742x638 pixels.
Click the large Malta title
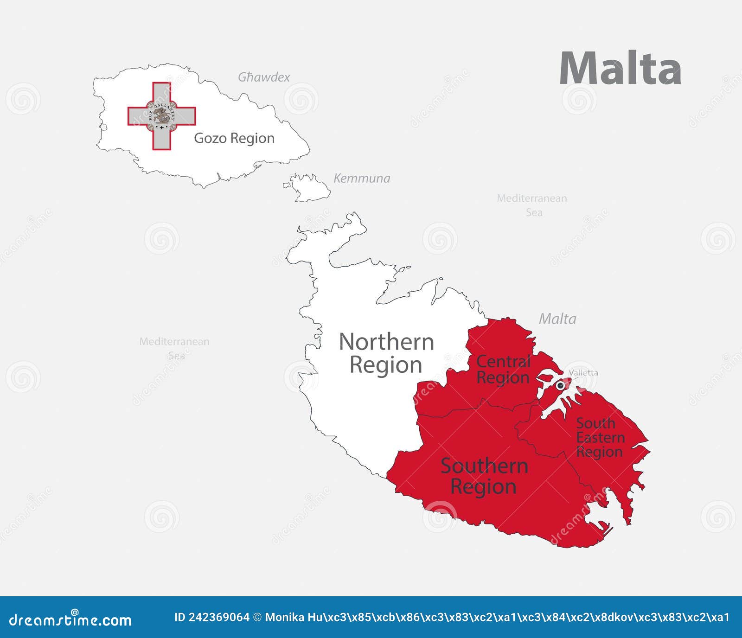click(x=620, y=69)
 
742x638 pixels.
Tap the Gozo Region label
click(x=234, y=138)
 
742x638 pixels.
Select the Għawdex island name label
click(x=264, y=77)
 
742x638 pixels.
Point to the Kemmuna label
click(x=362, y=178)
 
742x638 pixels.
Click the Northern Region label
click(x=386, y=353)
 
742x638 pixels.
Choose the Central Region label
click(x=503, y=369)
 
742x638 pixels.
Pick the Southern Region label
click(x=484, y=476)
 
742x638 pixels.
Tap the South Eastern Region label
click(x=600, y=437)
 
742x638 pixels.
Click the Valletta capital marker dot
click(x=560, y=385)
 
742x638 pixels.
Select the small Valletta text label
click(x=583, y=373)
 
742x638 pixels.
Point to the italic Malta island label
click(x=557, y=319)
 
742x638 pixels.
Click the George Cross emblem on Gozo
click(x=162, y=116)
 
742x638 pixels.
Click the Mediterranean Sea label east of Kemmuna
click(x=532, y=205)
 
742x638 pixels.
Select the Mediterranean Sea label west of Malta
click(x=174, y=348)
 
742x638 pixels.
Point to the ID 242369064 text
click(x=211, y=617)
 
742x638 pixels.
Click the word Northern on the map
click(x=386, y=342)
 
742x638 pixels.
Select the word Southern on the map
click(x=484, y=466)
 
